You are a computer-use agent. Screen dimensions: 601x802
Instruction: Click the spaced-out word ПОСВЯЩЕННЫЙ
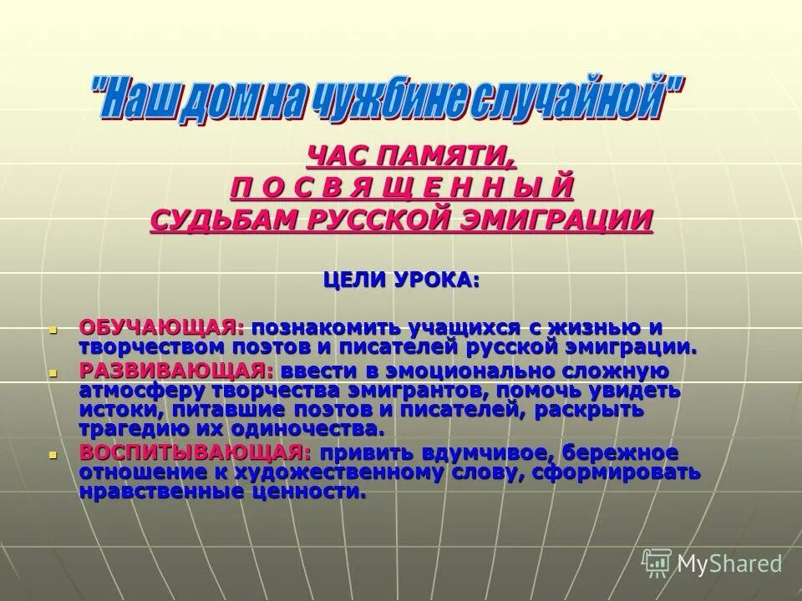(402, 187)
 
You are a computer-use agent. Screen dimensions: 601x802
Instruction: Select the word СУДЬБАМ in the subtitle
(218, 219)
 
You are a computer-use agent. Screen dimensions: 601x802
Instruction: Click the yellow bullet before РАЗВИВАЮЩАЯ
(52, 371)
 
